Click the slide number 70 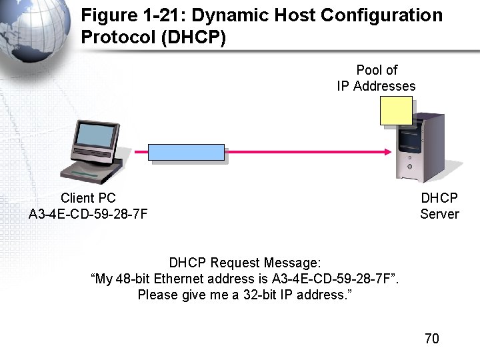click(x=432, y=339)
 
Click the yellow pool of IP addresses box click(x=396, y=111)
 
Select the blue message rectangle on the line click(x=186, y=153)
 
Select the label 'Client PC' click(x=88, y=198)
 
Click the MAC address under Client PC click(x=88, y=214)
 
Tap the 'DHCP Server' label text click(x=439, y=206)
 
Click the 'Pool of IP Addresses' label click(x=377, y=78)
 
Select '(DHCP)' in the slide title click(x=193, y=37)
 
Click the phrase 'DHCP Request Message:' click(x=245, y=263)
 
